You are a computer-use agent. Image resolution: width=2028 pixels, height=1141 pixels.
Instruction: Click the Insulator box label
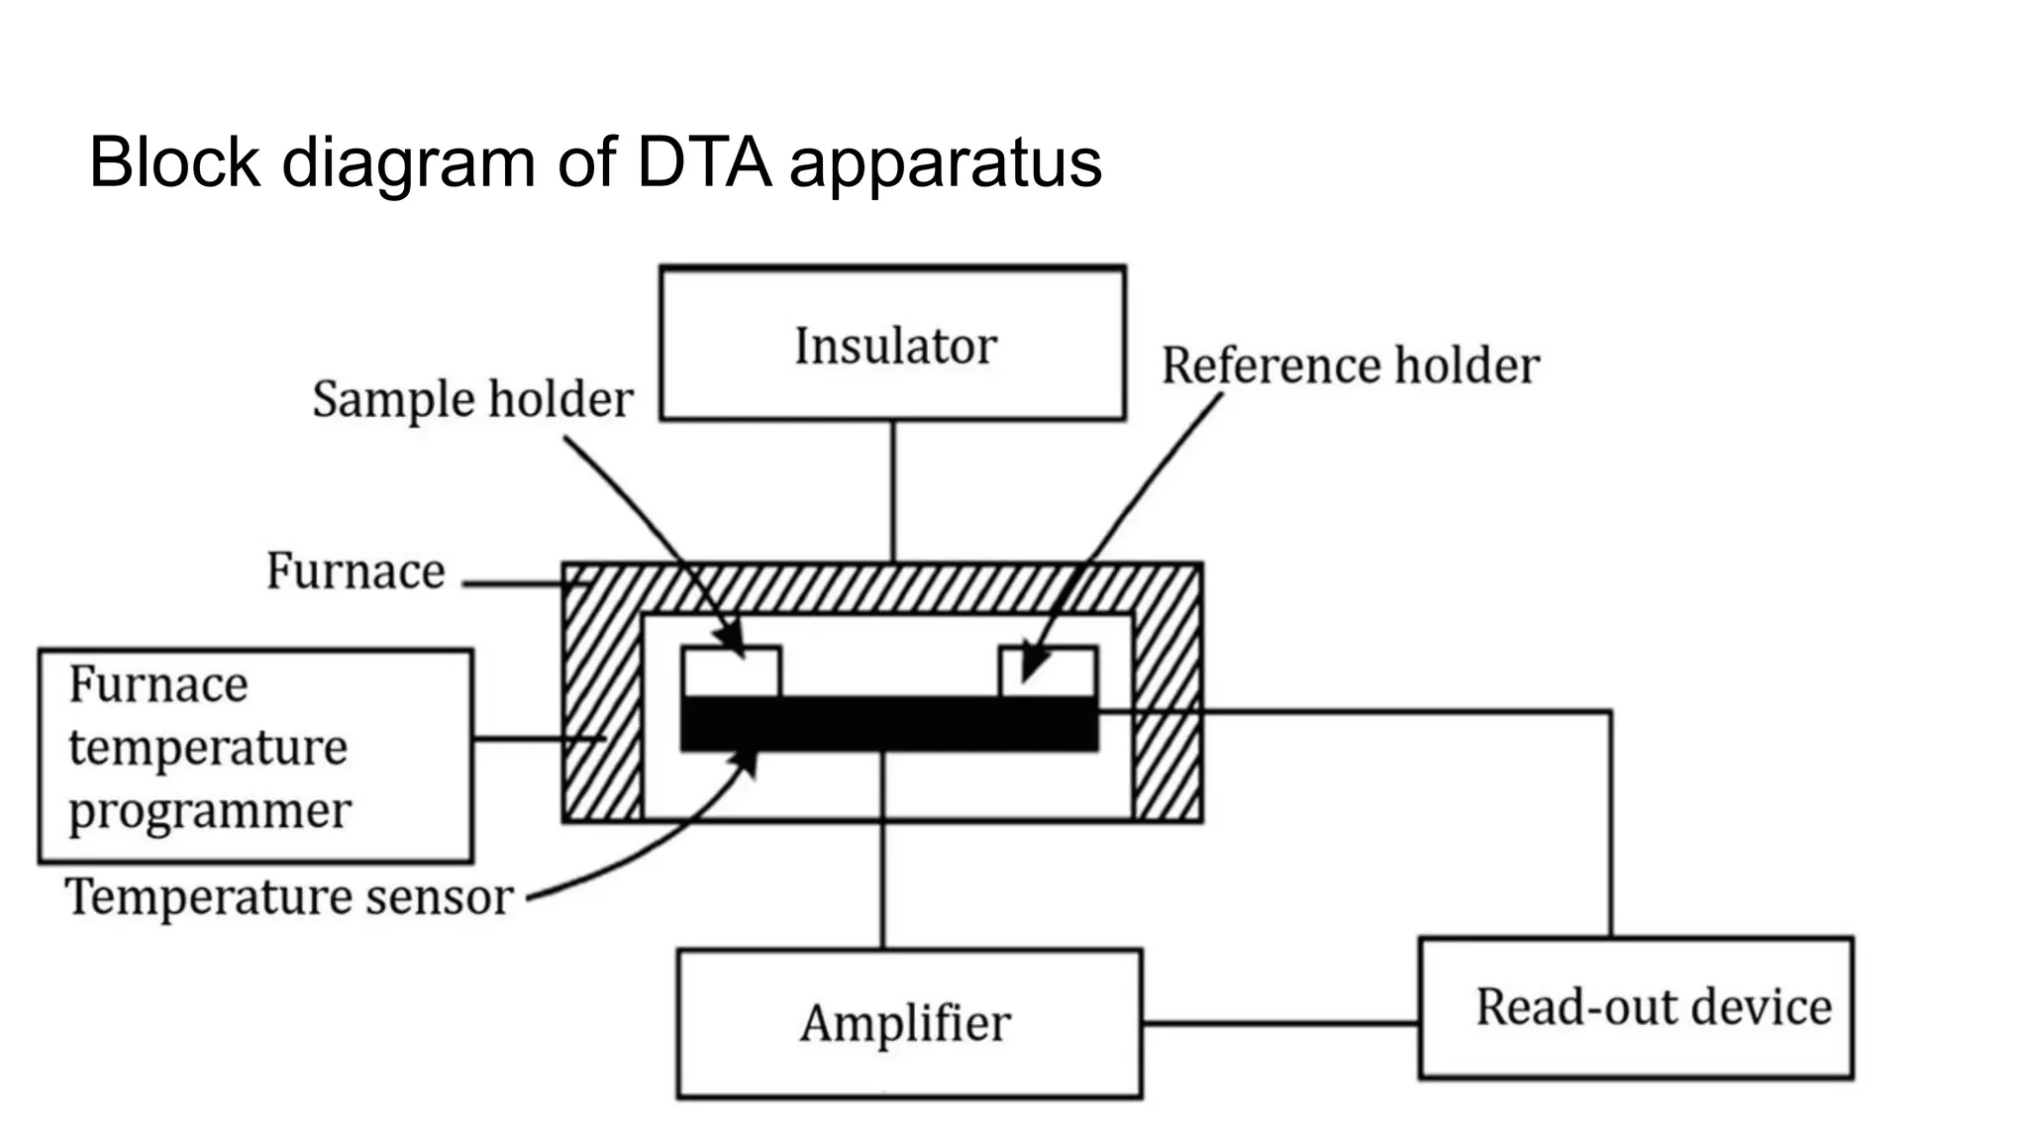[x=895, y=347]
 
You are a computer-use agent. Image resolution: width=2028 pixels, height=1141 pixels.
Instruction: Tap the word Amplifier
[x=905, y=1023]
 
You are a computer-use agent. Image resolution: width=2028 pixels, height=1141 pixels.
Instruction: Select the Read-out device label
[x=1653, y=1007]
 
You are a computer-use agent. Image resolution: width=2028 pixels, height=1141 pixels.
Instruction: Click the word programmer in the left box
[x=209, y=812]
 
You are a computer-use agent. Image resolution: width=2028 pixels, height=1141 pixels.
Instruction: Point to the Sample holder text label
[x=472, y=400]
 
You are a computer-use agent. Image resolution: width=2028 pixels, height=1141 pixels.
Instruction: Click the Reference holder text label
[x=1350, y=365]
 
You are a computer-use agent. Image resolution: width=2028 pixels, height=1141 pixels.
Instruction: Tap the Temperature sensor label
[x=288, y=897]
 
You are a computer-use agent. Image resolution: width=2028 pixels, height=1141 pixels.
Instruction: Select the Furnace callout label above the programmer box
[x=355, y=571]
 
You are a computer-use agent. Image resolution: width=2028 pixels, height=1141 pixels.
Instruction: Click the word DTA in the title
[x=703, y=162]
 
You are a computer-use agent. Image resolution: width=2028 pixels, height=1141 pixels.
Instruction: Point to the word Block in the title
[x=174, y=162]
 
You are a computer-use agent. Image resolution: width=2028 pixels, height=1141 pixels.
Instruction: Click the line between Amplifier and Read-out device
[x=1280, y=1023]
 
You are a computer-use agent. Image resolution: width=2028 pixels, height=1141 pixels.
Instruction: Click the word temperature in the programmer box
[x=208, y=748]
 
